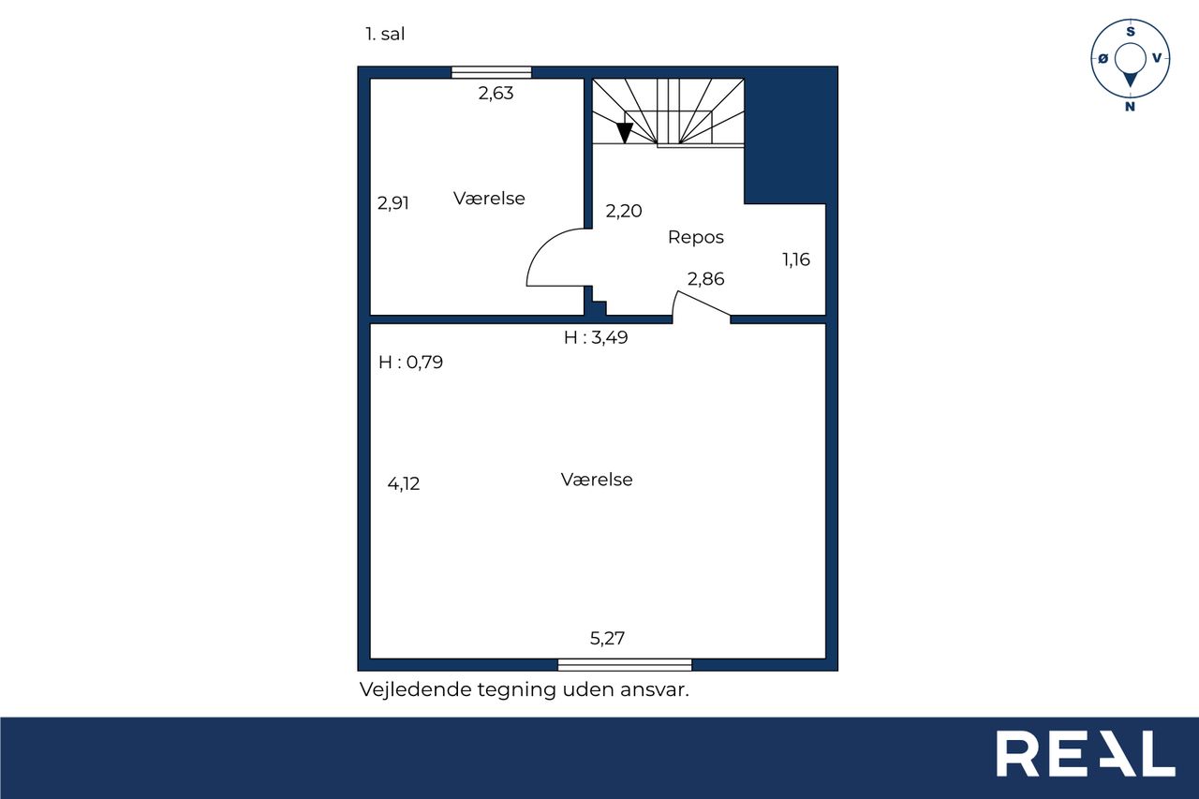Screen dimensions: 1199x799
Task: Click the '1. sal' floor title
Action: (x=385, y=35)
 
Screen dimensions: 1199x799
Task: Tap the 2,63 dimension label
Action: (x=496, y=94)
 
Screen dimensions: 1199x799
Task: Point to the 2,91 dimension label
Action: (x=392, y=203)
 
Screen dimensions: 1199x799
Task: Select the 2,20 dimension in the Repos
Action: (x=624, y=211)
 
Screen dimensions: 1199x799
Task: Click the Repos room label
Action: (x=695, y=237)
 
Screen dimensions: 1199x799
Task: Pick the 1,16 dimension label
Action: (x=796, y=260)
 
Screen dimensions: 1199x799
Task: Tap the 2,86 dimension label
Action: (x=705, y=279)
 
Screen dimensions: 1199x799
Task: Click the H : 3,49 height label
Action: (x=596, y=337)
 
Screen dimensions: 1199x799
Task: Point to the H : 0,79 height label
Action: (x=410, y=363)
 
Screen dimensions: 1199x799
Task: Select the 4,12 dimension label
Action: (x=403, y=484)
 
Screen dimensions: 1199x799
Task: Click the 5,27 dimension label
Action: (x=607, y=638)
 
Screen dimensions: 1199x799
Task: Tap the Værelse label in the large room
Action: (x=597, y=480)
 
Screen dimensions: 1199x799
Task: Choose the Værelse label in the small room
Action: (x=489, y=199)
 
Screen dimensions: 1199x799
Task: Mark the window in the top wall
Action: (x=492, y=72)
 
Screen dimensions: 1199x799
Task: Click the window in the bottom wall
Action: (x=625, y=665)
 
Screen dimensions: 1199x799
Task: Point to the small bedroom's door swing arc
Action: (x=542, y=246)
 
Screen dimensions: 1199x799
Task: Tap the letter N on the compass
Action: (x=1130, y=107)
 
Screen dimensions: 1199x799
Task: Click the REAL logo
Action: (x=1085, y=753)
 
